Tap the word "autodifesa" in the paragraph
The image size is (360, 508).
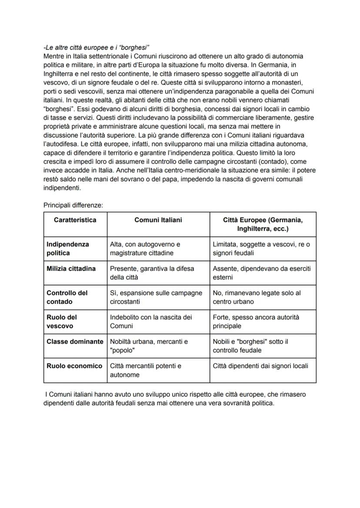pos(61,143)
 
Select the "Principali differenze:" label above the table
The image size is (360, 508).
pos(73,204)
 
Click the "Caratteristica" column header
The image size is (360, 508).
pos(75,220)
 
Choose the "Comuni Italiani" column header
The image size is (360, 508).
pos(158,220)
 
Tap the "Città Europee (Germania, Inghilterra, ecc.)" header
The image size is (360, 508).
pos(263,224)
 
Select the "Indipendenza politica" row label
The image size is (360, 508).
pos(67,249)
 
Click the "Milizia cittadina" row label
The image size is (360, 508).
pos(71,269)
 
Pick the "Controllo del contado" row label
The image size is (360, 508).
pos(67,297)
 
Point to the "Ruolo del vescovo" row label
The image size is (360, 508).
pos(61,322)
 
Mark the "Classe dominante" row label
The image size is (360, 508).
pos(75,342)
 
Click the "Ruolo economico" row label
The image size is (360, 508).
pos(74,366)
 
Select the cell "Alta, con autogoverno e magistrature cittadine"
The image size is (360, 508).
pos(146,249)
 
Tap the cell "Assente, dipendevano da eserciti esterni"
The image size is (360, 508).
pos(261,273)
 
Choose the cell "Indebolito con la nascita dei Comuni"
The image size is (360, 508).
pos(151,322)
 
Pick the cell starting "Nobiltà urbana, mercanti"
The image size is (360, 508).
pos(149,346)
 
